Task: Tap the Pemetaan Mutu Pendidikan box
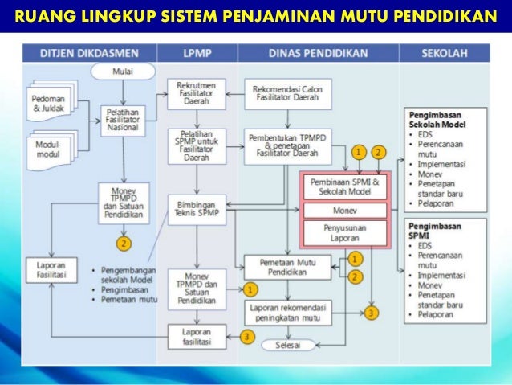pyautogui.click(x=285, y=267)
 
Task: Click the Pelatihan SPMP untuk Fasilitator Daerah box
pyautogui.click(x=193, y=144)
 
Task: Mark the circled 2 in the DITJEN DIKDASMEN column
pyautogui.click(x=124, y=241)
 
